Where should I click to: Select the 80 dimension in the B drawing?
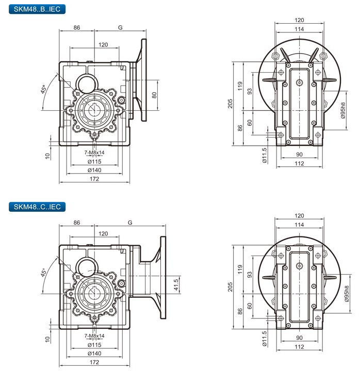click(x=154, y=95)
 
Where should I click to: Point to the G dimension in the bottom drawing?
click(x=130, y=223)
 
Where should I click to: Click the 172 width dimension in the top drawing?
click(x=94, y=178)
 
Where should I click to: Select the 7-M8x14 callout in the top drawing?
click(x=94, y=152)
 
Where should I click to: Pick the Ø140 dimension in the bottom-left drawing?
click(x=94, y=354)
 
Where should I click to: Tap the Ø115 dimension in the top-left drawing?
click(x=94, y=161)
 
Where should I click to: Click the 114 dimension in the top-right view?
click(x=299, y=29)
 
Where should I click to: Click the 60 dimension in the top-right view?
click(x=250, y=123)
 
